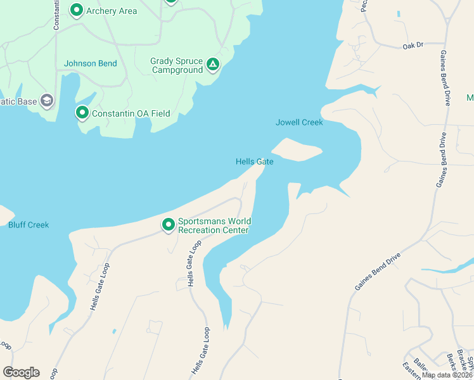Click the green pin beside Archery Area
77,10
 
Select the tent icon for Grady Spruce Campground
214,65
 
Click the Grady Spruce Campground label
176,65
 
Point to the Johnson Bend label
89,63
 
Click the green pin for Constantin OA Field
82,113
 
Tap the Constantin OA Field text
131,113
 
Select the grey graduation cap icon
46,101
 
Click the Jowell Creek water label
299,122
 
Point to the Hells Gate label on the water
254,161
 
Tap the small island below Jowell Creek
296,150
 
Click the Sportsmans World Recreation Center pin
169,225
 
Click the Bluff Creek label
28,225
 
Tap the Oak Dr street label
413,46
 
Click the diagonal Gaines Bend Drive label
377,272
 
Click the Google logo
21,372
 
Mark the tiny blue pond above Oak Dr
399,14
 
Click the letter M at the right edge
470,98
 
